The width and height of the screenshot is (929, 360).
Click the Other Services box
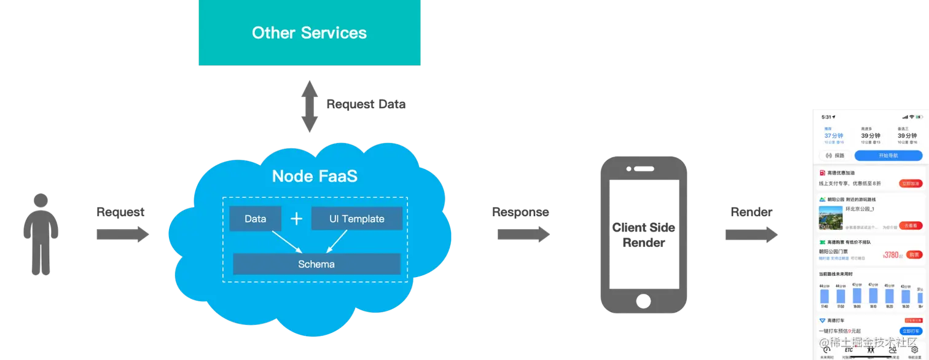tap(309, 33)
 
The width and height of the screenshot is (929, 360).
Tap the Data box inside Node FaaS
tap(255, 219)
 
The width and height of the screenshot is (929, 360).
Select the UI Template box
tap(356, 219)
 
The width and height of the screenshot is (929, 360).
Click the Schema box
tap(316, 264)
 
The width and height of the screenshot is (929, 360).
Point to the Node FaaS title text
tap(315, 176)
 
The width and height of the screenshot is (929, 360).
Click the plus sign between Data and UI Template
tap(296, 219)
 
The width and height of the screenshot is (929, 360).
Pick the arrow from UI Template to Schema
tap(336, 241)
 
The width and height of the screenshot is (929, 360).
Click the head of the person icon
tap(41, 201)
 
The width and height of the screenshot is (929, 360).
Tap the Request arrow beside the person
tap(122, 234)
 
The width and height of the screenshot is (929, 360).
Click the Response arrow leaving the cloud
tap(522, 234)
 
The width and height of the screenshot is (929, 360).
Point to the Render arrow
tap(750, 234)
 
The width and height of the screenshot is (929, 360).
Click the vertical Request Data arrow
tap(310, 108)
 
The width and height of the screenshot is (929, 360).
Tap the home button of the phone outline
tap(643, 302)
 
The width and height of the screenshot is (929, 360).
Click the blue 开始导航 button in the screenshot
tap(888, 155)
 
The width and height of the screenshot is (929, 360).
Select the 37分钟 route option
tap(833, 136)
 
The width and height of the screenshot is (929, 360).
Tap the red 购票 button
tap(914, 254)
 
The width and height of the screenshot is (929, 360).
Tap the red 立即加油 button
tap(911, 183)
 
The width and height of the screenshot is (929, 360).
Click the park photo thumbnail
tap(830, 217)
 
